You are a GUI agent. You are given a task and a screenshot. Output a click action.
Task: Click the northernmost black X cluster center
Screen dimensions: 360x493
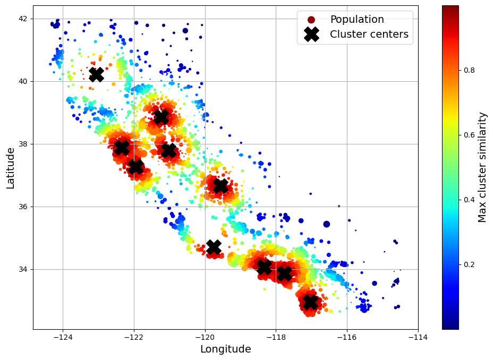click(96, 74)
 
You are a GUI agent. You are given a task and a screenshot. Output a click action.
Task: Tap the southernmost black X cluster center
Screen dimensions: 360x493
click(310, 302)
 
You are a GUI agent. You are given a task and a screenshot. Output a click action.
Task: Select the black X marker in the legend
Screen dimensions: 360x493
click(311, 35)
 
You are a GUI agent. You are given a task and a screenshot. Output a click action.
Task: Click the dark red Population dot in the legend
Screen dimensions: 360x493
click(311, 20)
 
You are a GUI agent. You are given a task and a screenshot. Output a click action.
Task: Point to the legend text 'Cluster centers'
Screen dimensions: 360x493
click(369, 35)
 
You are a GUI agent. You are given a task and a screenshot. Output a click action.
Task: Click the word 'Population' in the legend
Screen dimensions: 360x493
click(357, 20)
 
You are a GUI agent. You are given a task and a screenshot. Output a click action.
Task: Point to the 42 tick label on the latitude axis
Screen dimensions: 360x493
click(23, 19)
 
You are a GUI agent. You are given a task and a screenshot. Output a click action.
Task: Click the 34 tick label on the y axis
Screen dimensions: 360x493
click(23, 269)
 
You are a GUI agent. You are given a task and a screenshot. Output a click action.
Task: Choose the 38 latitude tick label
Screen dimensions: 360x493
click(23, 144)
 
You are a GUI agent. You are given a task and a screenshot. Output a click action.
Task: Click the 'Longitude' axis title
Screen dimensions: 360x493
click(225, 349)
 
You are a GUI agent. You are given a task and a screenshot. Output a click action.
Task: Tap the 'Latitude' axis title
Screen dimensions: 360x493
click(11, 168)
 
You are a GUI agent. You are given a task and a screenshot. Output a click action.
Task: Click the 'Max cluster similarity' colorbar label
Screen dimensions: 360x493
click(482, 167)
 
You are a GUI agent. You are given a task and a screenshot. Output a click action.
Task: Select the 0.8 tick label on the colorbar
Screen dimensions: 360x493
click(469, 70)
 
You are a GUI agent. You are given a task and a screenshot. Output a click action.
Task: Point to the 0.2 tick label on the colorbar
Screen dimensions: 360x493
click(469, 264)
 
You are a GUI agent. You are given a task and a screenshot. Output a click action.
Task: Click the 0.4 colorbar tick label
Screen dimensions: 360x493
click(469, 200)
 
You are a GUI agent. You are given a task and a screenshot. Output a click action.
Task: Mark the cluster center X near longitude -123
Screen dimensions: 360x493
click(96, 74)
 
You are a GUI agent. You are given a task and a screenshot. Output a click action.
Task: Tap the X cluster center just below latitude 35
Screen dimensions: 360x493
click(214, 247)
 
